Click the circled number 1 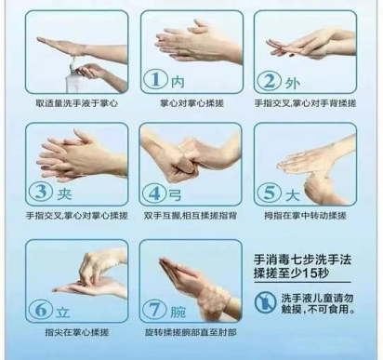tap(155, 80)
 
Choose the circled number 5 tap(270, 193)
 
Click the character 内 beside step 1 tap(178, 81)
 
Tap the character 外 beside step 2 tap(293, 83)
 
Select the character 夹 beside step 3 tap(64, 193)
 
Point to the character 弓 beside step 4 tap(176, 194)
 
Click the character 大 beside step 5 tap(293, 195)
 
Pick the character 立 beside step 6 tap(63, 312)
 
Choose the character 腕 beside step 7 tap(178, 312)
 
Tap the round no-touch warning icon tap(266, 301)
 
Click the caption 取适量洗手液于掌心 tap(76, 103)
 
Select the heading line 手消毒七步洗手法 tap(303, 260)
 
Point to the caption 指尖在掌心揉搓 tap(77, 332)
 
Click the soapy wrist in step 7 tap(214, 301)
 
